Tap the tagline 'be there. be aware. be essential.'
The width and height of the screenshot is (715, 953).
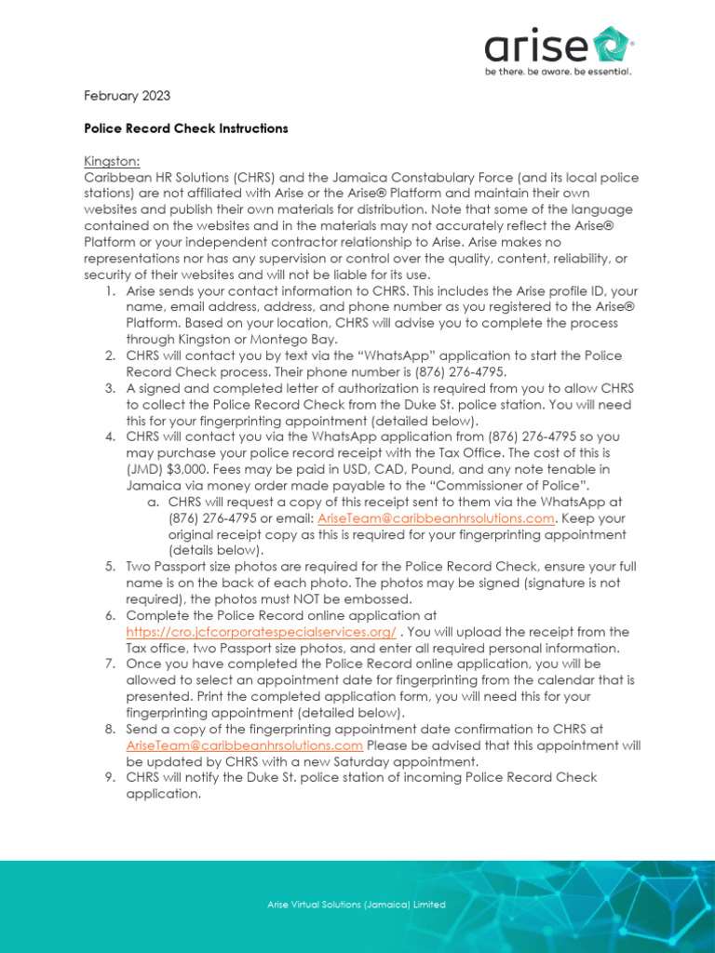(x=559, y=71)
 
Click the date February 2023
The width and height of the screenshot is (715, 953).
(x=128, y=96)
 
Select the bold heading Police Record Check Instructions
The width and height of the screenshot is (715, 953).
(x=186, y=128)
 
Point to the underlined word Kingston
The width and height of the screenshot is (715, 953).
(x=112, y=161)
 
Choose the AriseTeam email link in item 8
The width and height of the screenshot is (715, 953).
(x=244, y=745)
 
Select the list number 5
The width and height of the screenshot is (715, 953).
(x=109, y=567)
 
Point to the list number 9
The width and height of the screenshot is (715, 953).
(x=109, y=778)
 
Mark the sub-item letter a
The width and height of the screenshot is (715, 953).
(x=154, y=502)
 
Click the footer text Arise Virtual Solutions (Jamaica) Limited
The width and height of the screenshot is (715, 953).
(x=357, y=905)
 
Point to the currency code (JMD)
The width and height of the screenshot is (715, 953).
(x=145, y=469)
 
